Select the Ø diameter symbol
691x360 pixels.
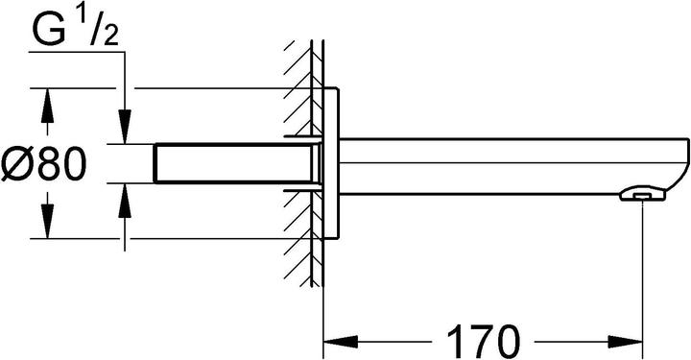pos(21,164)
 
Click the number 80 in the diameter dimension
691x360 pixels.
pos(63,164)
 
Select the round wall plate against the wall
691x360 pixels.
pos(331,163)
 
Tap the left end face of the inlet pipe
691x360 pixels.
pos(156,163)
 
